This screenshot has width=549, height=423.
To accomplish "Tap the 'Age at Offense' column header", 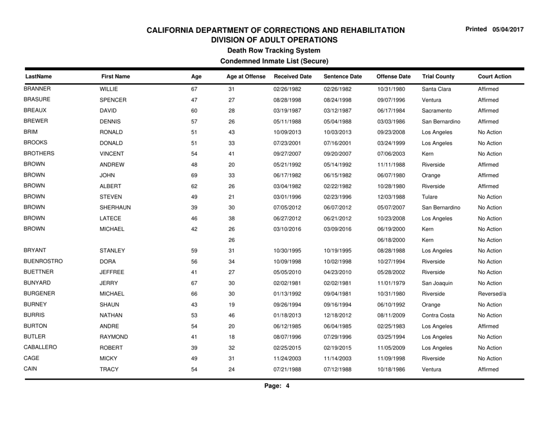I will (x=245, y=74).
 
